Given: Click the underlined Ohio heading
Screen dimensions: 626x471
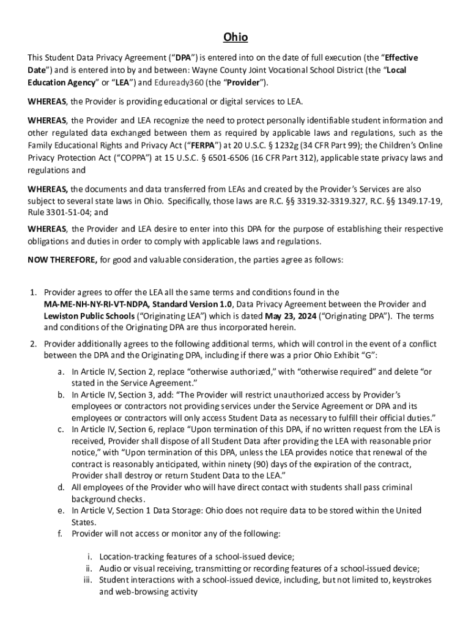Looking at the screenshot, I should click(x=236, y=38).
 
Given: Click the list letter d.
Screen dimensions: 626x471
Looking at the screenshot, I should click(x=61, y=487).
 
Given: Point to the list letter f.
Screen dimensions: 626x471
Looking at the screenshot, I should click(x=61, y=534).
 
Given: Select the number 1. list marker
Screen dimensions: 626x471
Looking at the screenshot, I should click(x=34, y=292).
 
